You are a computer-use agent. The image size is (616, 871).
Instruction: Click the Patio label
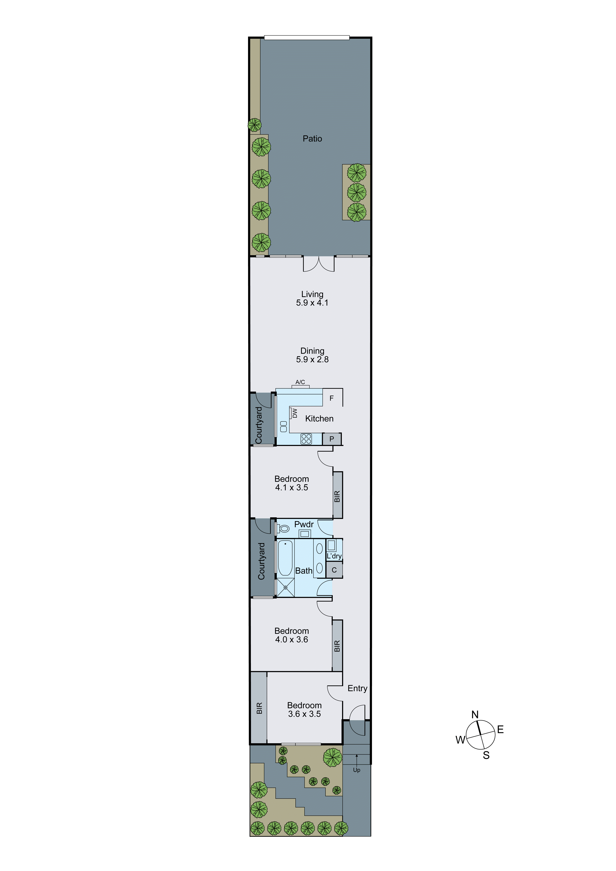[312, 139]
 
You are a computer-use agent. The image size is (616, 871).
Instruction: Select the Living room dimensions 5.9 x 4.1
[312, 303]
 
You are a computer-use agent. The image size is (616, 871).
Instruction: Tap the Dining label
[312, 351]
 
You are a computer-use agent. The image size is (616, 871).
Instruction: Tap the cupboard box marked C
[334, 570]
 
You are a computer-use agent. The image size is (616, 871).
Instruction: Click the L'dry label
[334, 556]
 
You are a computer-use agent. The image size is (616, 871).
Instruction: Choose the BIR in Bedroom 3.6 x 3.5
[259, 708]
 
